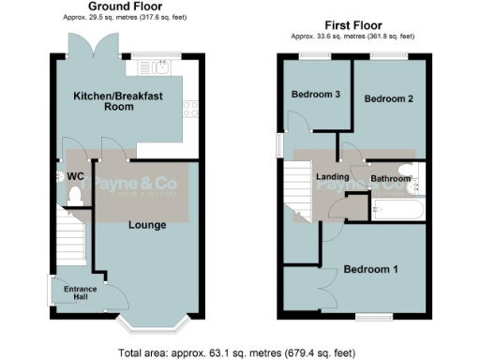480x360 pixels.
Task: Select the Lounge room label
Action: tap(147, 225)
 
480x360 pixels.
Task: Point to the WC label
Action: tap(76, 176)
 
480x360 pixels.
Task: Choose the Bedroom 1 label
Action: tap(371, 270)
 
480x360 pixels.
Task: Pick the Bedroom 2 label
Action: tap(389, 98)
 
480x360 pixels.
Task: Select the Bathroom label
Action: tap(390, 177)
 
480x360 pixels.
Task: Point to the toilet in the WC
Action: tap(76, 197)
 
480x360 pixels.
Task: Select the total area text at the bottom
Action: tap(237, 353)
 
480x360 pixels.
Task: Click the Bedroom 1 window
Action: tap(371, 316)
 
